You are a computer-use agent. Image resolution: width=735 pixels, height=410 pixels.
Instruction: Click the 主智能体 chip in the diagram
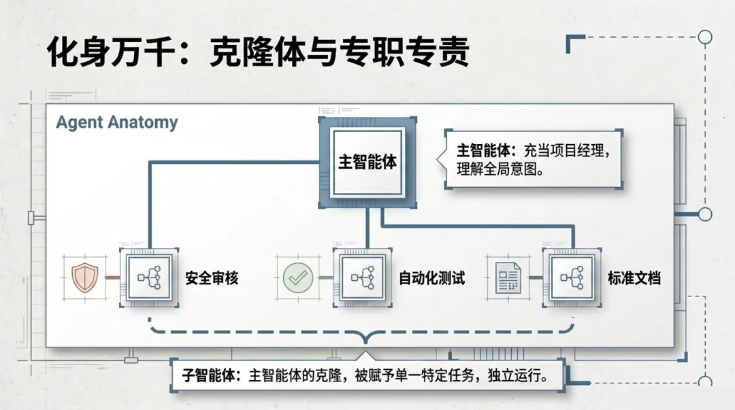pyautogui.click(x=367, y=163)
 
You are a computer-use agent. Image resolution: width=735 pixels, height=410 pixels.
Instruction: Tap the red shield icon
pyautogui.click(x=85, y=278)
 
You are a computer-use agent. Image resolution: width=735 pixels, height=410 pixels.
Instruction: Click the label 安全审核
pyautogui.click(x=212, y=278)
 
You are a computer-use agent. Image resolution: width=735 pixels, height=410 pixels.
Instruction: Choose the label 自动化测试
pyautogui.click(x=431, y=278)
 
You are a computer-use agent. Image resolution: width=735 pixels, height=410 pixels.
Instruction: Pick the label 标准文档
pyautogui.click(x=634, y=278)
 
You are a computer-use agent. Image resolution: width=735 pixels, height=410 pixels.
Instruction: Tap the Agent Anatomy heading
pyautogui.click(x=116, y=123)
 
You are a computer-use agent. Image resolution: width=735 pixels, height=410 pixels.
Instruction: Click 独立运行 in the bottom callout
pyautogui.click(x=515, y=375)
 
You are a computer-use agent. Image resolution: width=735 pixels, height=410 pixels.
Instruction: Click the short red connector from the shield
pyautogui.click(x=110, y=278)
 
